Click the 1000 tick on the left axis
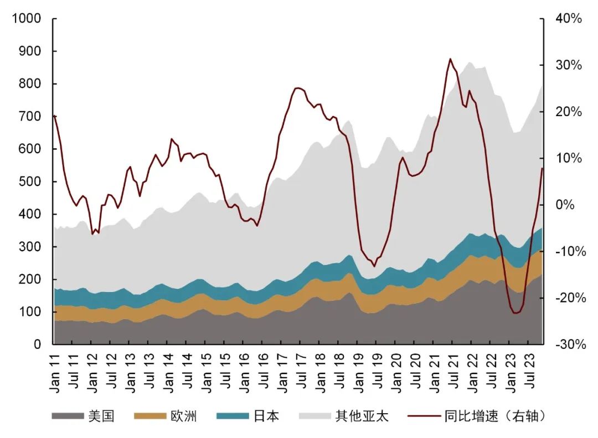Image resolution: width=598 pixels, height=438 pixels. (27, 19)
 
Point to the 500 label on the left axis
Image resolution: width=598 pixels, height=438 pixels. (30, 182)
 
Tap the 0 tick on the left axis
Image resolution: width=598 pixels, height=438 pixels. (38, 345)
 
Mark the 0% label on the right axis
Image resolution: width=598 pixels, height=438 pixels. (565, 205)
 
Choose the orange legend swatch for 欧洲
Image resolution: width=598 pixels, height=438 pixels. (149, 416)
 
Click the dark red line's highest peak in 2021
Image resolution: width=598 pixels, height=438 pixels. (450, 59)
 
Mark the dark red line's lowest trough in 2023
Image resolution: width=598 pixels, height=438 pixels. (515, 313)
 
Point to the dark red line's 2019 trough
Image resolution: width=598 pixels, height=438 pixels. (374, 266)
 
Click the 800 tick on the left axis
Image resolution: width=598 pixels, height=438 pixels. (30, 84)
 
